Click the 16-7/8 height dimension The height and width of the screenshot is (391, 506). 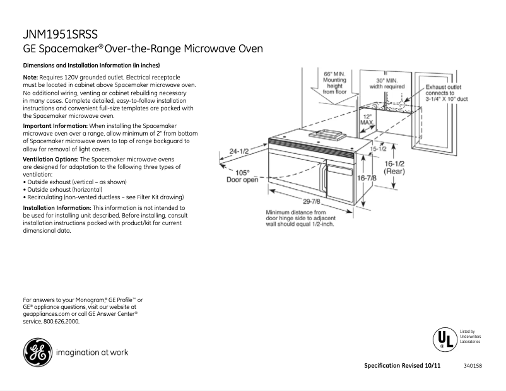[x=367, y=178]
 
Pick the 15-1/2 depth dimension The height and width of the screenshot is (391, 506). [x=379, y=149]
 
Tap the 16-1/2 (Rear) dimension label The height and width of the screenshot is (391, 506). [x=395, y=166]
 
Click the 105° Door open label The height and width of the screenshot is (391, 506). [x=242, y=176]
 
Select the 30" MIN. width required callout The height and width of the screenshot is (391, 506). [x=387, y=84]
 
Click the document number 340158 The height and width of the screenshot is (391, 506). [x=473, y=366]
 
